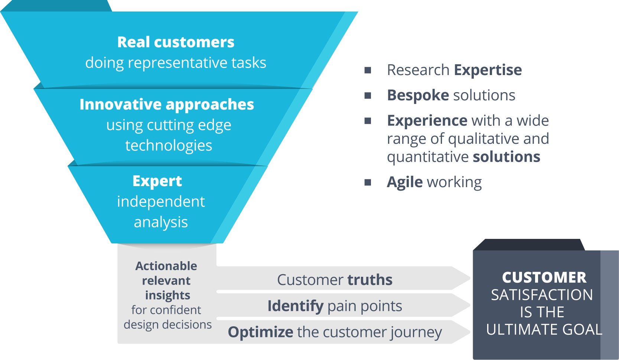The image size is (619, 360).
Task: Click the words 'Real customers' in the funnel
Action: (x=176, y=42)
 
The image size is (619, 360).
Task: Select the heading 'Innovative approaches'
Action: (x=167, y=104)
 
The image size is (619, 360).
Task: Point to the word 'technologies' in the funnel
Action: (x=169, y=146)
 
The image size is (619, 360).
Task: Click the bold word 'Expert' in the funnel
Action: (x=157, y=181)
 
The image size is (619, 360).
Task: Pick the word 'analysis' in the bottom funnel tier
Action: (x=161, y=222)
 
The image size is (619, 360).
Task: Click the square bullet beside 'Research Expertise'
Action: (x=368, y=70)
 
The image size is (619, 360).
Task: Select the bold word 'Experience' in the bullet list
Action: (x=427, y=121)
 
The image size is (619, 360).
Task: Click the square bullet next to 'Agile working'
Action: (x=368, y=182)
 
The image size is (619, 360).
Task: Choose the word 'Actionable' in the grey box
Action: (x=166, y=266)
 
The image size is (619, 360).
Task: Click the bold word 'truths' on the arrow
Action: (x=370, y=280)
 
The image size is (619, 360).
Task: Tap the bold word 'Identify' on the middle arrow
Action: (x=295, y=306)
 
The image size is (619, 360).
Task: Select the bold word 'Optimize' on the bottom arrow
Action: (x=260, y=332)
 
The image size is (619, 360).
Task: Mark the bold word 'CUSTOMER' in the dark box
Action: (x=544, y=278)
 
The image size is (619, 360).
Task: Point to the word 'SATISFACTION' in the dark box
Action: (x=542, y=295)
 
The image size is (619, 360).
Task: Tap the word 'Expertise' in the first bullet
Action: (x=488, y=70)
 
